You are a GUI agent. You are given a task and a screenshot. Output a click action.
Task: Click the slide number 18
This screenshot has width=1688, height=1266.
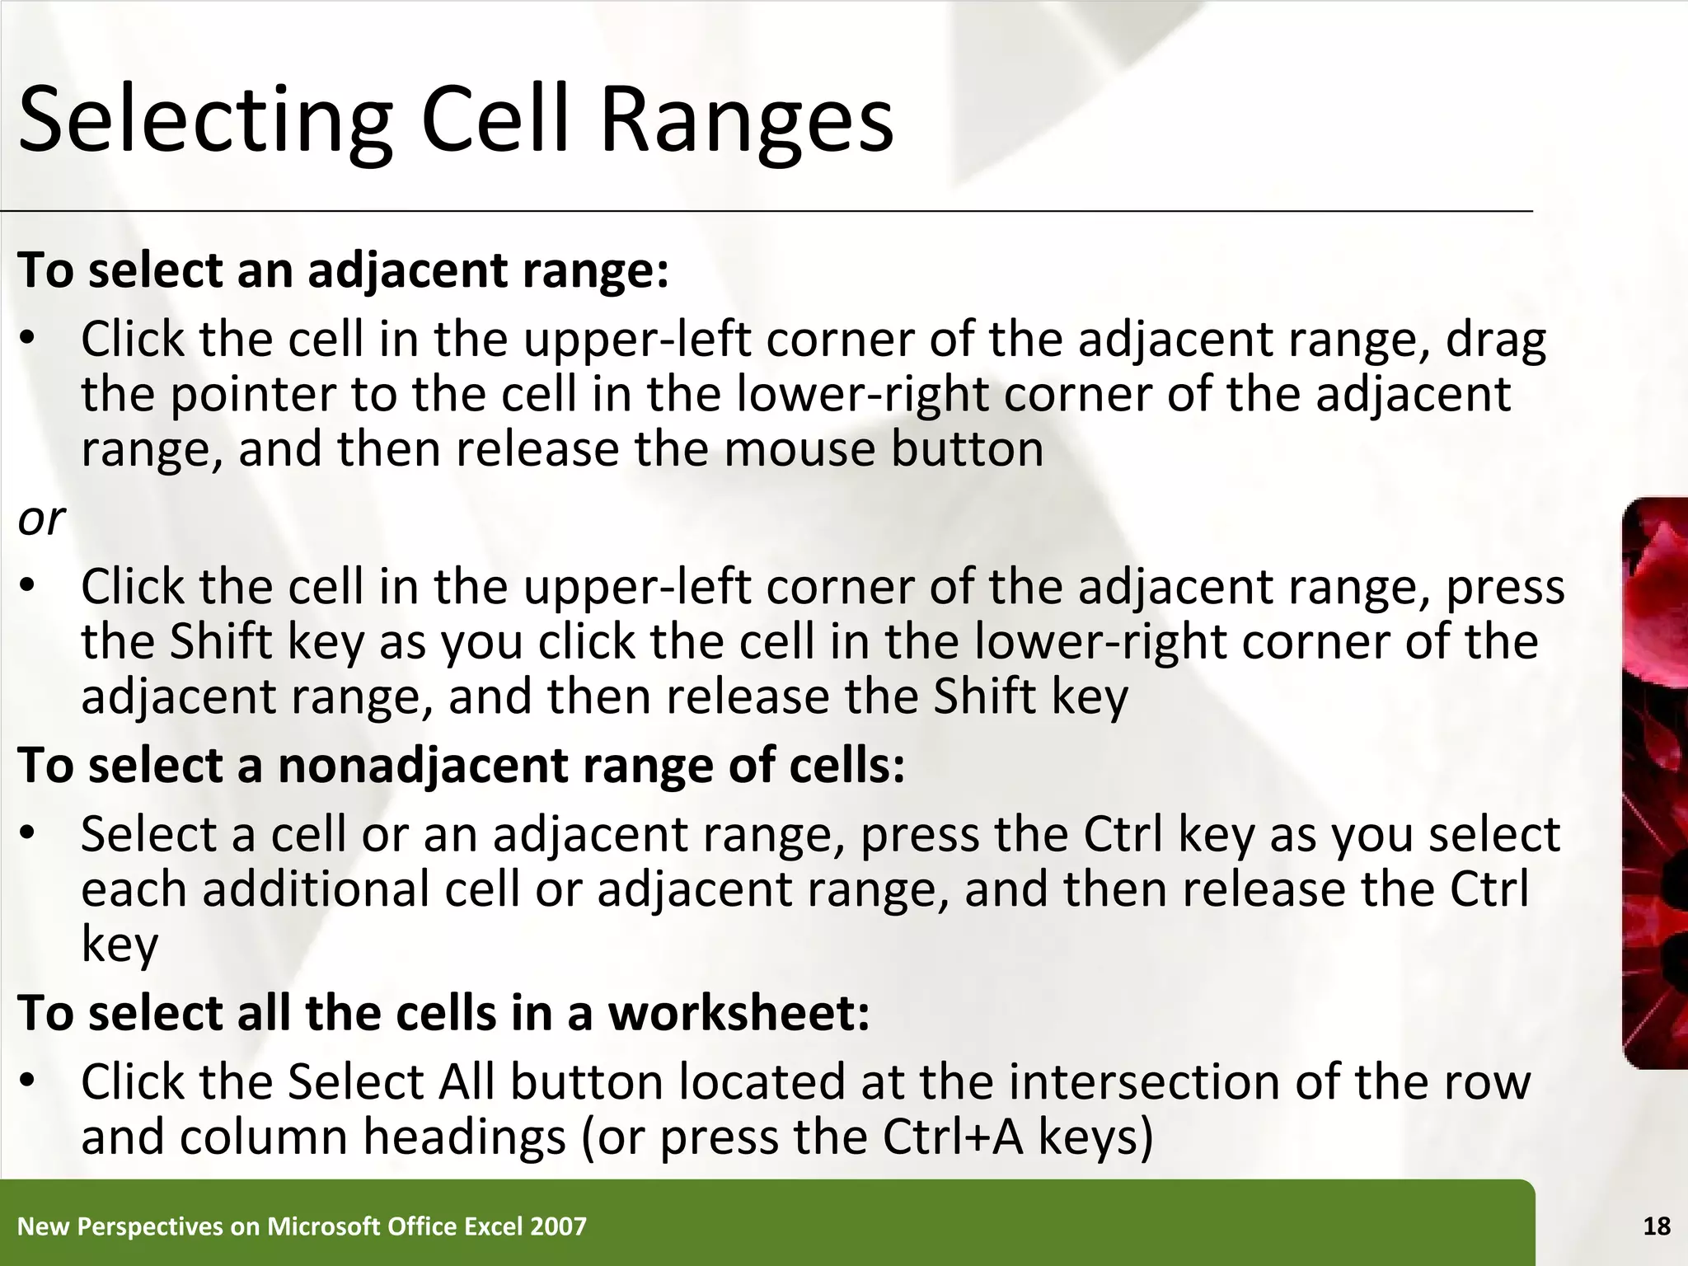pos(1657,1226)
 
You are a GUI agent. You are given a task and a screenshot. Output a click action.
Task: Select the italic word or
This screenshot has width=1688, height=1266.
pos(41,518)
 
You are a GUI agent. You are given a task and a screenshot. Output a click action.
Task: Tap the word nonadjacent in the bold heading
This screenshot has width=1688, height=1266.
pos(423,765)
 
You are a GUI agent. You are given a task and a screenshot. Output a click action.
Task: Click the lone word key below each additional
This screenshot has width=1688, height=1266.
pos(120,945)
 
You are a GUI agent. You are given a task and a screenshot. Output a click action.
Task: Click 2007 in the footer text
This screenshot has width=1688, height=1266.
pos(559,1226)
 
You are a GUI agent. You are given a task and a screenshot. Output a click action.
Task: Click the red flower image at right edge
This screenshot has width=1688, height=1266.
pos(1655,783)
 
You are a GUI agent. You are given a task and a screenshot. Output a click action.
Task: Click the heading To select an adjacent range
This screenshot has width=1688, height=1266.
pos(343,270)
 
